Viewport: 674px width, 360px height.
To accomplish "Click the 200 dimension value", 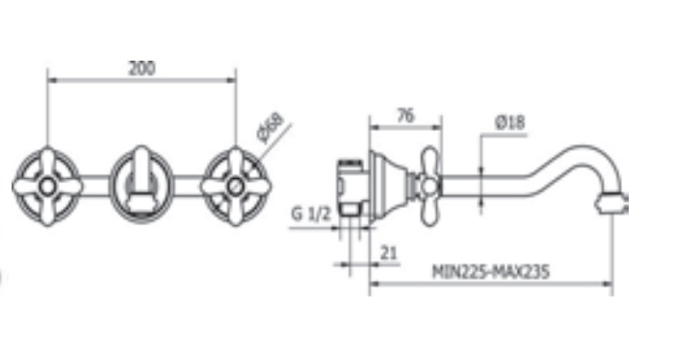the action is point(142,68).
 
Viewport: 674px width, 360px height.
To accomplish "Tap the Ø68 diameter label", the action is point(271,128).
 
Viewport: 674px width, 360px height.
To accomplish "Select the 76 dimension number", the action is point(405,116).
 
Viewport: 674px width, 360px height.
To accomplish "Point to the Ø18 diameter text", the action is point(509,122).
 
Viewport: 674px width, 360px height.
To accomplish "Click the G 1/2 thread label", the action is point(311,214).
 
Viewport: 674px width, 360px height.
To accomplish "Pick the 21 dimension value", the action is point(389,253).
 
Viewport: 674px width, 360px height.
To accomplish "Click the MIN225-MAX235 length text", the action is point(490,272).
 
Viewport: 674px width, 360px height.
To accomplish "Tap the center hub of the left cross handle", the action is point(47,187).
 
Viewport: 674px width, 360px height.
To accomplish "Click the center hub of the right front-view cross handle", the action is point(235,187).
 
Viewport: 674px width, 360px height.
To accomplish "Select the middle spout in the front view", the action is point(142,180).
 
